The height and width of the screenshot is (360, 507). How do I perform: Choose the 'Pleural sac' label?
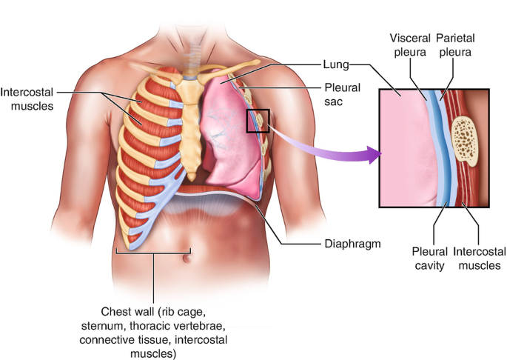coord(342,95)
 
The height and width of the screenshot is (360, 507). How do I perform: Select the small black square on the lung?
coord(257,120)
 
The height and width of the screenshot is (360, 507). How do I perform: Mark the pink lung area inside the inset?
coord(400,148)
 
